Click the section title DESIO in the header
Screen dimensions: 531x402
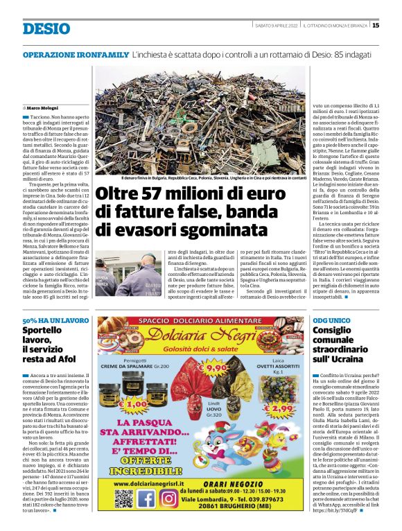46,28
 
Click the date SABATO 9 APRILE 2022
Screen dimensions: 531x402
276,26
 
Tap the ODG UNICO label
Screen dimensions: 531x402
331,321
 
